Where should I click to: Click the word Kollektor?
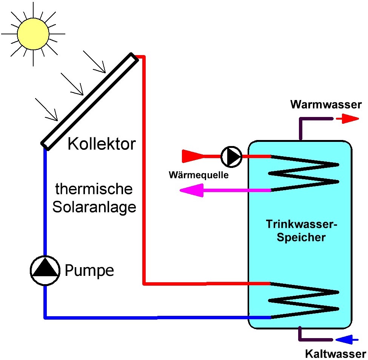(x=102, y=144)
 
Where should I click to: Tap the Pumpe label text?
(x=89, y=270)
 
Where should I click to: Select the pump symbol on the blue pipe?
(x=45, y=270)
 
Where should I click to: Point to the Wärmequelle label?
(x=199, y=175)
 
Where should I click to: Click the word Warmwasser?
(x=325, y=105)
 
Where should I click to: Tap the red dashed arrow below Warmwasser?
(x=347, y=119)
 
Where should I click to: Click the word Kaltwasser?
(x=335, y=354)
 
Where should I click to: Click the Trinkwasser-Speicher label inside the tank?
(x=301, y=231)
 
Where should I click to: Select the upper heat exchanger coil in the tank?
(x=304, y=173)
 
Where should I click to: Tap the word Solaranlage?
(x=94, y=207)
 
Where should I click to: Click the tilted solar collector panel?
(x=88, y=100)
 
